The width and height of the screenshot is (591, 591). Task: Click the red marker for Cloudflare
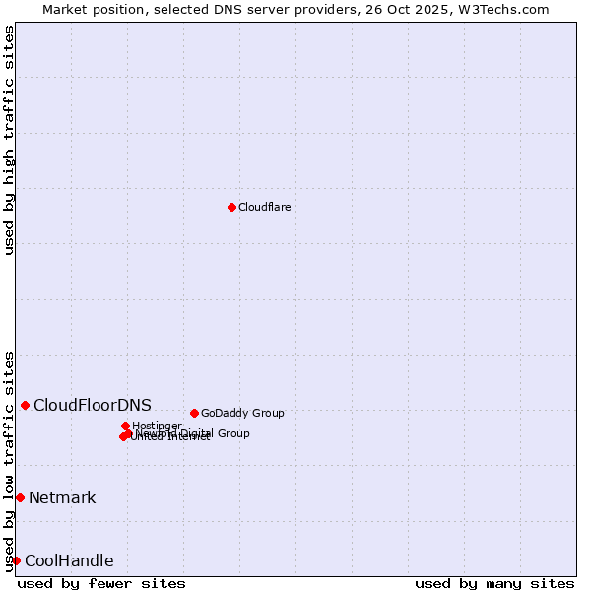[231, 207]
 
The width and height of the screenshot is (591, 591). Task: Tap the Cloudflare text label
[264, 207]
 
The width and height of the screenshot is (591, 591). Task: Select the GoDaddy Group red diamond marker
[194, 413]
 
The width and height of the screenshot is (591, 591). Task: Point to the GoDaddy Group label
[242, 413]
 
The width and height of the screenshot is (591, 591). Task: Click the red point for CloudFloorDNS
[25, 405]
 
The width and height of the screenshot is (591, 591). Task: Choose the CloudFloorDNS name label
[93, 405]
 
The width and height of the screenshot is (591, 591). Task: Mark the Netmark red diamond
[20, 497]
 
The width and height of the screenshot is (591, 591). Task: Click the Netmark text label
[62, 497]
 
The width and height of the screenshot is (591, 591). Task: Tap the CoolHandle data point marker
[16, 560]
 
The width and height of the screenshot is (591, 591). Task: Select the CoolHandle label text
[69, 561]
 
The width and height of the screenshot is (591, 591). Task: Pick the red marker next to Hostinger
[125, 426]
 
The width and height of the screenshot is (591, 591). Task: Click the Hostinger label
[157, 426]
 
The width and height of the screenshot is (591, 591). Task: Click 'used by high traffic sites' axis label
[10, 140]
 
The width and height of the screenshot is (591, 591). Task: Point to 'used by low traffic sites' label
[10, 460]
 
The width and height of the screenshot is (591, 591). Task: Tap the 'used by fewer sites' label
[101, 583]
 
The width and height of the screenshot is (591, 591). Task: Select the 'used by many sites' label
[494, 583]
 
